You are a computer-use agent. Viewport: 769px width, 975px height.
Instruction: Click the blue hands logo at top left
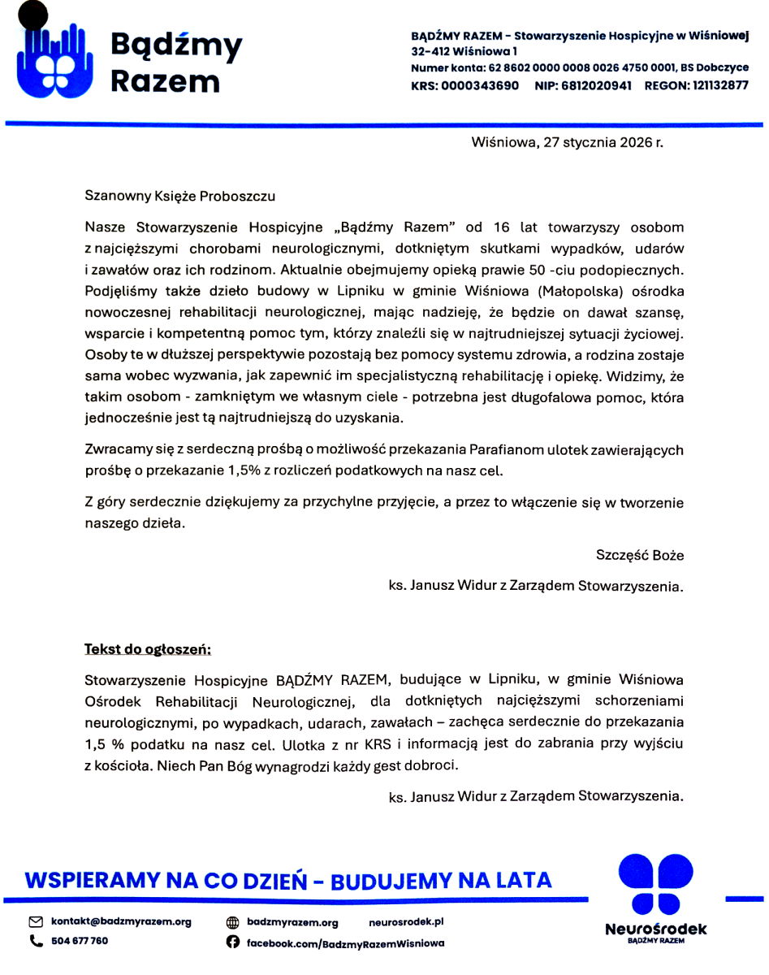(53, 58)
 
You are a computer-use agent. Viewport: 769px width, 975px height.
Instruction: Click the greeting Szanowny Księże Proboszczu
(179, 196)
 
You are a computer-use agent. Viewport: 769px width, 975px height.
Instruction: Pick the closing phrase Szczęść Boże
(640, 556)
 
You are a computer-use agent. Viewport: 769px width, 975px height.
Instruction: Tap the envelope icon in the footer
(36, 922)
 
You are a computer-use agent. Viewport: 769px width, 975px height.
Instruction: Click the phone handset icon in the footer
(36, 941)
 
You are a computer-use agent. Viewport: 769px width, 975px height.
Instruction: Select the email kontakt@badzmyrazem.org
(121, 922)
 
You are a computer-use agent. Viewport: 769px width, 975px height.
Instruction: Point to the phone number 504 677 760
(80, 941)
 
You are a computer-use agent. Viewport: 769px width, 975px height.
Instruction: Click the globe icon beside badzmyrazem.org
(232, 923)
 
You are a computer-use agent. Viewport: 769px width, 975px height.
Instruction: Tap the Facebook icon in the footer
(232, 942)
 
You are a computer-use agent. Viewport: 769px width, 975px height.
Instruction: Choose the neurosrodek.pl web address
(406, 922)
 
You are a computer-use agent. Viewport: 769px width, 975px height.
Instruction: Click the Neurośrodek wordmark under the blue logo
(656, 929)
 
